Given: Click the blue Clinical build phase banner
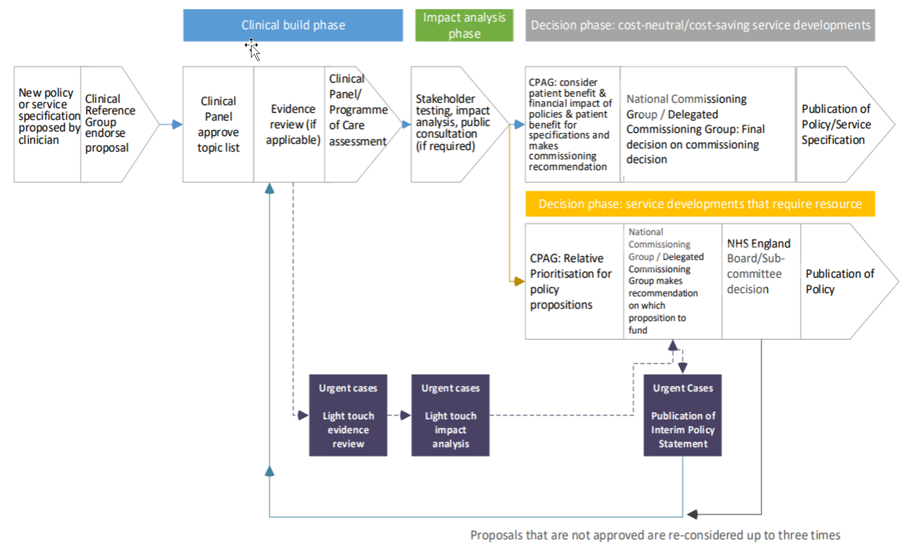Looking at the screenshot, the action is [292, 25].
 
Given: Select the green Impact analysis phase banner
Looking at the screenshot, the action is [464, 25].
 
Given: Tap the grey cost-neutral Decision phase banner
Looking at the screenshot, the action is [700, 25].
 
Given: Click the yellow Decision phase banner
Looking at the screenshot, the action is [700, 204].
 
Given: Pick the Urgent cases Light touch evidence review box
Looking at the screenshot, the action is [348, 415].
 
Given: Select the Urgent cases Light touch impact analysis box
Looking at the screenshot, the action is [450, 415].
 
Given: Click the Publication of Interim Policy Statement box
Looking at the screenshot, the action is [683, 415].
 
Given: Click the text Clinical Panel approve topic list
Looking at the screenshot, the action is [219, 124].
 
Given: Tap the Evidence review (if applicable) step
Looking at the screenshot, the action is [292, 124].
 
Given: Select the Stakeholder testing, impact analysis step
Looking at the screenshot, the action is [453, 122].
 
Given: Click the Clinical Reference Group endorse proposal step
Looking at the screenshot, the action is [110, 123].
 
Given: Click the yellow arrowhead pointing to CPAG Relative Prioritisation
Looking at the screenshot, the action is [520, 281].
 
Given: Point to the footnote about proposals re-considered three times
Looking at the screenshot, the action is [655, 535].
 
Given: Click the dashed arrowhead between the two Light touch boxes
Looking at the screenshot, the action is [406, 415].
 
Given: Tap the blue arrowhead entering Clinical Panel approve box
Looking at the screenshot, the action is [178, 124].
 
